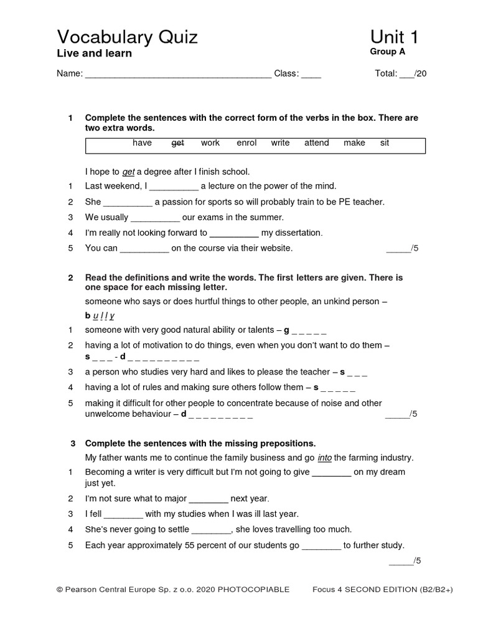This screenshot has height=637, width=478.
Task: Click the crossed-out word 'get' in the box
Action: [177, 143]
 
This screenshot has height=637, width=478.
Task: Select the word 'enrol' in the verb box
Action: [246, 143]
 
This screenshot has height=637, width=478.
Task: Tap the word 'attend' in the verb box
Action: [316, 143]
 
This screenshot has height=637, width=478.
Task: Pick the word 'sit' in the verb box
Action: [385, 143]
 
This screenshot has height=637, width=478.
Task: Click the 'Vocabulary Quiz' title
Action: [127, 37]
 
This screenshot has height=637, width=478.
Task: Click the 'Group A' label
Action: [387, 52]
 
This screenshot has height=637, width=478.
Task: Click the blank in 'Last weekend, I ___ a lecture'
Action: [174, 187]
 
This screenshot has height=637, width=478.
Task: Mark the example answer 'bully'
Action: [99, 315]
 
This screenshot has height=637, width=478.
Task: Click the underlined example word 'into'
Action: [325, 458]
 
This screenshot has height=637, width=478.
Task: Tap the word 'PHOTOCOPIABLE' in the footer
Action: [255, 590]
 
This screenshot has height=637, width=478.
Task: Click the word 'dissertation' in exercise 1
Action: [292, 233]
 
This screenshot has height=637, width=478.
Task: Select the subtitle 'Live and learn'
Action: [95, 53]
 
